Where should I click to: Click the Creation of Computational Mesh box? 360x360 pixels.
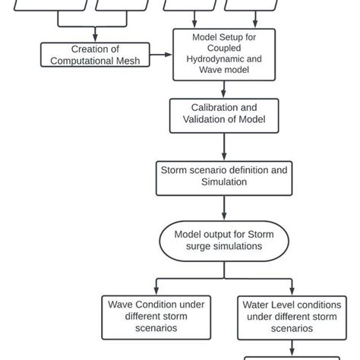[x=94, y=54]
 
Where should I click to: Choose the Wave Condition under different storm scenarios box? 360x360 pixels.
[x=155, y=316]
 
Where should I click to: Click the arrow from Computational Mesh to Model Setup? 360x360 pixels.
[x=161, y=54]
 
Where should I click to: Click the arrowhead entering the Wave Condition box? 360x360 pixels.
[x=155, y=292]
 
